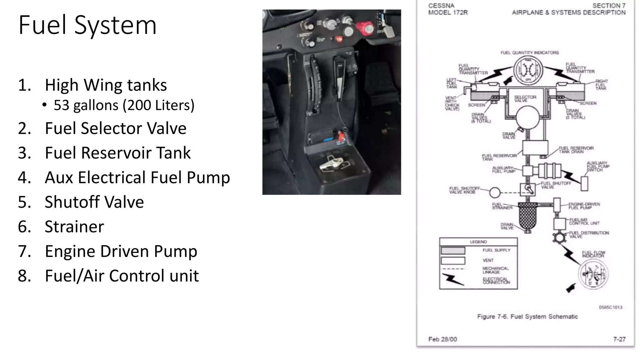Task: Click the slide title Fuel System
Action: pyautogui.click(x=87, y=25)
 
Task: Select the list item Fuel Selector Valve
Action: pyautogui.click(x=115, y=128)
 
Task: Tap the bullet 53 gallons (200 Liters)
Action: pyautogui.click(x=124, y=105)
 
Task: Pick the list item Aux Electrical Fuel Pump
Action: pyautogui.click(x=137, y=177)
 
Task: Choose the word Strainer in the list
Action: pyautogui.click(x=74, y=227)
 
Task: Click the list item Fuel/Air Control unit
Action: pyautogui.click(x=122, y=276)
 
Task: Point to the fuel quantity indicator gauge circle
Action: pyautogui.click(x=528, y=71)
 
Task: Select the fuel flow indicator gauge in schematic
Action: pyautogui.click(x=593, y=274)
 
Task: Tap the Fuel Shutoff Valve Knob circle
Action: pyautogui.click(x=495, y=192)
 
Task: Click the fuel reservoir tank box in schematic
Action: pyautogui.click(x=535, y=147)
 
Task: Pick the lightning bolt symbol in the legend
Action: pyautogui.click(x=453, y=279)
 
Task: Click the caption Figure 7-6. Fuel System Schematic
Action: pyautogui.click(x=527, y=317)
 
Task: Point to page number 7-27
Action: pyautogui.click(x=619, y=339)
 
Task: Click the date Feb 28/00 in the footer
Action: pyautogui.click(x=442, y=339)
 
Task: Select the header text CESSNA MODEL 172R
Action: pyautogui.click(x=447, y=9)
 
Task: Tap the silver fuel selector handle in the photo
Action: pyautogui.click(x=332, y=163)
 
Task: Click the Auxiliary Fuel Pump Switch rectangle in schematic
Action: pyautogui.click(x=584, y=183)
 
